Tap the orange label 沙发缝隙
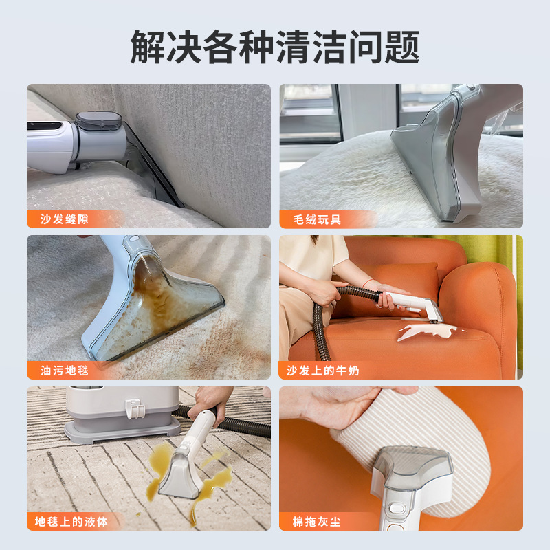coord(65,219)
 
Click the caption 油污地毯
coord(65,371)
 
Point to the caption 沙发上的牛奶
coord(323,371)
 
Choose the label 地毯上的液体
coord(71,522)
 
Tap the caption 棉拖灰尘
coord(316,522)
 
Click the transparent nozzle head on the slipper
coord(419,467)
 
